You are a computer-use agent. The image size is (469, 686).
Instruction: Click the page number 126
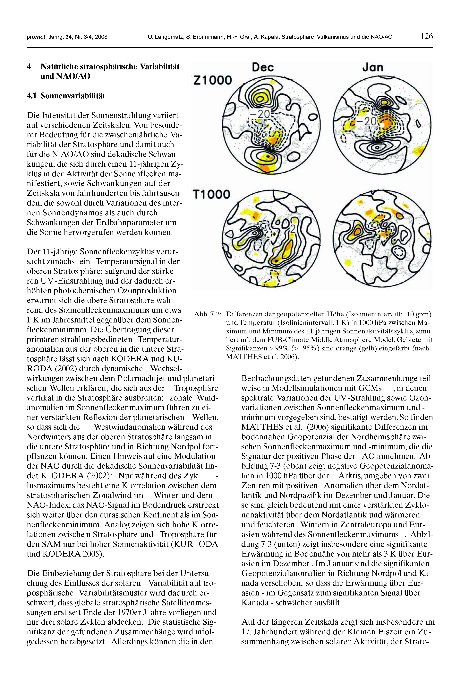tap(427, 36)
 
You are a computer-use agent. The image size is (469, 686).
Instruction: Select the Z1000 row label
tap(213, 80)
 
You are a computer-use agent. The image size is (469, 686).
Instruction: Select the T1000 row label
tap(211, 194)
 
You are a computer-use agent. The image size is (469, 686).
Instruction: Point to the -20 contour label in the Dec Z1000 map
tap(260, 114)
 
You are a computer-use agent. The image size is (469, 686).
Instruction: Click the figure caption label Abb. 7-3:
tap(208, 314)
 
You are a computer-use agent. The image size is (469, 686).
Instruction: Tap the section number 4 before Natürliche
tap(29, 66)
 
